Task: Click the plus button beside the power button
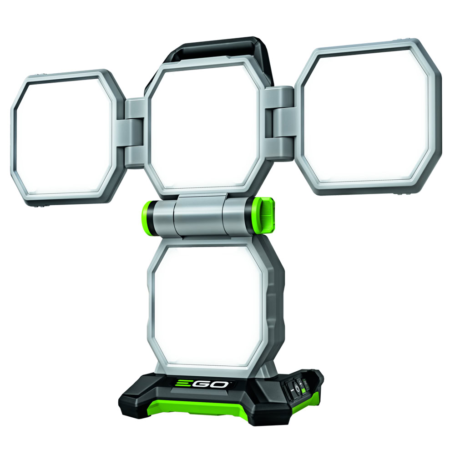coord(301,384)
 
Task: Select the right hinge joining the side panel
coord(280,123)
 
